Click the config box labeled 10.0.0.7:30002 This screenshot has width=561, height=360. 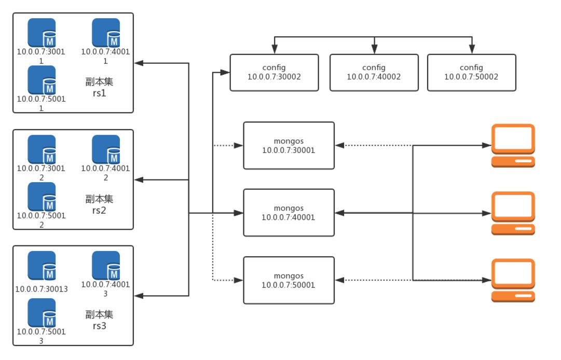point(274,73)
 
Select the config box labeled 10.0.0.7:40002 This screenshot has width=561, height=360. point(374,73)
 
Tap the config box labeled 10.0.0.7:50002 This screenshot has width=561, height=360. point(471,73)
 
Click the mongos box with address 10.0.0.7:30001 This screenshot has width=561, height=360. point(289,146)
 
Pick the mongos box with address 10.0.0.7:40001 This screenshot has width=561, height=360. point(289,213)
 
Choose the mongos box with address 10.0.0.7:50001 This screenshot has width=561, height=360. point(289,280)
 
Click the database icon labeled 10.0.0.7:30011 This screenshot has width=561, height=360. point(42,33)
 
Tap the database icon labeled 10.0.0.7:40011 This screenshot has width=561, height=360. point(106,33)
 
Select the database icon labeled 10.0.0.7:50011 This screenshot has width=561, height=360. point(42,80)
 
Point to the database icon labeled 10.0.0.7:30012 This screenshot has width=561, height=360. point(42,149)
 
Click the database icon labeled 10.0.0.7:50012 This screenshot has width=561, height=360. point(42,196)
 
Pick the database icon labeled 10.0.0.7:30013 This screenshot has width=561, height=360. point(42,266)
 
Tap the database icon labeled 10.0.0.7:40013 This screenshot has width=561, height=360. point(106,266)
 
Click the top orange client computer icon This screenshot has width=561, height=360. point(513,146)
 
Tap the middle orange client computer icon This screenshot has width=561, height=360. point(513,213)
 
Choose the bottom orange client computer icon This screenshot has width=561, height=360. point(513,280)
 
